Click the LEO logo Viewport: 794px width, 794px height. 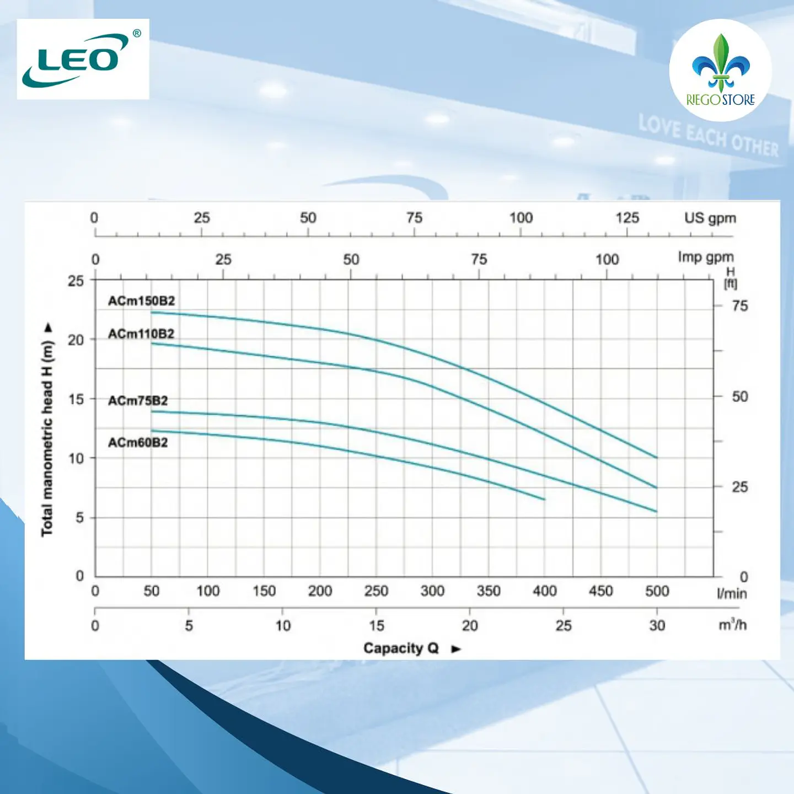pos(82,59)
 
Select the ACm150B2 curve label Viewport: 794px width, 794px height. pos(141,301)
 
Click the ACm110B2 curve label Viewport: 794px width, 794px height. pos(141,334)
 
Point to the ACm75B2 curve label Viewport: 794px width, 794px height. pos(138,400)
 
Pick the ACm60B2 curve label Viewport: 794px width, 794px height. pos(138,443)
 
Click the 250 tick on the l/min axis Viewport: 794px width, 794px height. pos(376,591)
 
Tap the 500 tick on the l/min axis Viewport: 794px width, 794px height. pos(657,591)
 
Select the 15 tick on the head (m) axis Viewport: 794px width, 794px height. pos(76,399)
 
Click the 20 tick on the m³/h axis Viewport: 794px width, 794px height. pos(470,625)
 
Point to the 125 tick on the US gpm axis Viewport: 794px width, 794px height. pos(627,218)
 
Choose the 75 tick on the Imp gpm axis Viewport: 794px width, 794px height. pos(479,259)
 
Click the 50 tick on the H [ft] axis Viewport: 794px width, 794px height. pos(740,396)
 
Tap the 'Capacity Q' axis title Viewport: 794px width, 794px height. pos(400,648)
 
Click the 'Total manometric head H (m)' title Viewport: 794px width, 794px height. pos(47,438)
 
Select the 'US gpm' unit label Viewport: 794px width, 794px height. pos(710,218)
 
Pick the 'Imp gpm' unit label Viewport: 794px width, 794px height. pos(706,257)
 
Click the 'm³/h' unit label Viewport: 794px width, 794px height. pos(732,625)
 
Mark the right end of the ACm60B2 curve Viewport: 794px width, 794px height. pos(545,500)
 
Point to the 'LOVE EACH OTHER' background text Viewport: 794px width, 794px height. pos(709,136)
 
